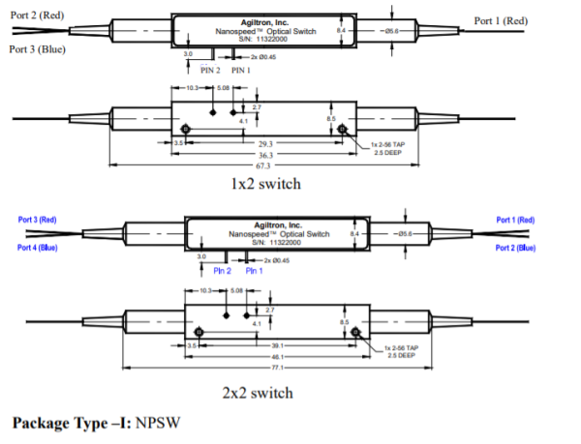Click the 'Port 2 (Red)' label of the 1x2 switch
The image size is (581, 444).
point(37,16)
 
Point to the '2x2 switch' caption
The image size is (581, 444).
point(256,393)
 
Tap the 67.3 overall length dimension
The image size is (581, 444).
point(263,164)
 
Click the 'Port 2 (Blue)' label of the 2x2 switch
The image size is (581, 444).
point(514,248)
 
